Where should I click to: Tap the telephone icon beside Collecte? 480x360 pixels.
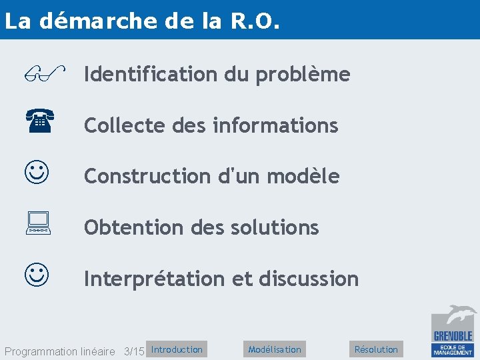coord(40,122)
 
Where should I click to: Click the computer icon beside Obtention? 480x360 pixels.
coord(39,223)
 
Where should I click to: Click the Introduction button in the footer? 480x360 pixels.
coord(177,349)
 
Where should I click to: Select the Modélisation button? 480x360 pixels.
coord(274,349)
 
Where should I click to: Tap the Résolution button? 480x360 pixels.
coord(376,349)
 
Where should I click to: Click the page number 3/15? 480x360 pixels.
coord(134,351)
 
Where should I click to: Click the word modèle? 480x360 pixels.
coord(303,176)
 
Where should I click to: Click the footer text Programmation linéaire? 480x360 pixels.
coord(59,351)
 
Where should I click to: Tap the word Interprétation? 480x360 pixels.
coord(154,278)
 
